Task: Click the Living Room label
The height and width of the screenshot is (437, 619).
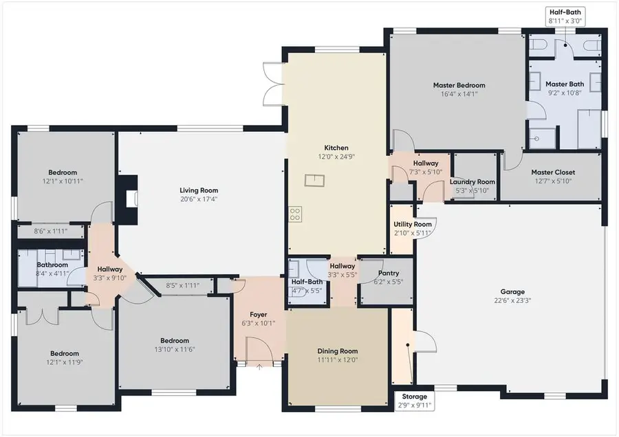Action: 199,190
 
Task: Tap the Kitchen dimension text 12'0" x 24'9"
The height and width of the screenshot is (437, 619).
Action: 336,157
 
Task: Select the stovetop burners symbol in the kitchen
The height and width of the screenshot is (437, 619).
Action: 295,214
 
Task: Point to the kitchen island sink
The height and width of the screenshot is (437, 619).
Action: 314,180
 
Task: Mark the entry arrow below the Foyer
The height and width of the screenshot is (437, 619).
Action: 259,368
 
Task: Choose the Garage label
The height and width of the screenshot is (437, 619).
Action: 512,292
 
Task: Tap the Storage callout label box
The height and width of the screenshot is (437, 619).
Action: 415,401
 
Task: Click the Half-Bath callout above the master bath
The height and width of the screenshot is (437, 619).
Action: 565,16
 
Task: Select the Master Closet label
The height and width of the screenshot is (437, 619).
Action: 553,172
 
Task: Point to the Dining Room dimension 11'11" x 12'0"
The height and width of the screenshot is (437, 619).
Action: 338,359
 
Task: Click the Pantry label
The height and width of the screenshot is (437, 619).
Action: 389,273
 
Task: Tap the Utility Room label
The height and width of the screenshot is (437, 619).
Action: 413,224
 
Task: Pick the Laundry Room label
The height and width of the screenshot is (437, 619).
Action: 472,182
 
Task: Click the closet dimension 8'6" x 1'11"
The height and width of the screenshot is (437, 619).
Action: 50,232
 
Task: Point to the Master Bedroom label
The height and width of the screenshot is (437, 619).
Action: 459,85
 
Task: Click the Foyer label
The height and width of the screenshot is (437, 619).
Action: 259,314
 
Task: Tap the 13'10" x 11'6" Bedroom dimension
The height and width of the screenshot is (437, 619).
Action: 175,350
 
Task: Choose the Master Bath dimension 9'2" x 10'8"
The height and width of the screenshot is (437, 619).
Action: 565,93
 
